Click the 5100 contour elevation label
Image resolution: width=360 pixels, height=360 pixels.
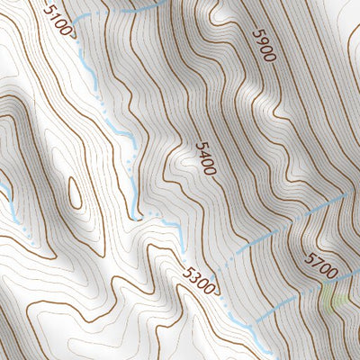tap(58, 18)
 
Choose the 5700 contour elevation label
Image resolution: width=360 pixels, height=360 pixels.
tap(321, 265)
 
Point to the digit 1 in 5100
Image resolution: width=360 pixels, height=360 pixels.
tap(54, 15)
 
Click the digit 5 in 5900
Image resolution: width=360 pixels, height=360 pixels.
tap(256, 31)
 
